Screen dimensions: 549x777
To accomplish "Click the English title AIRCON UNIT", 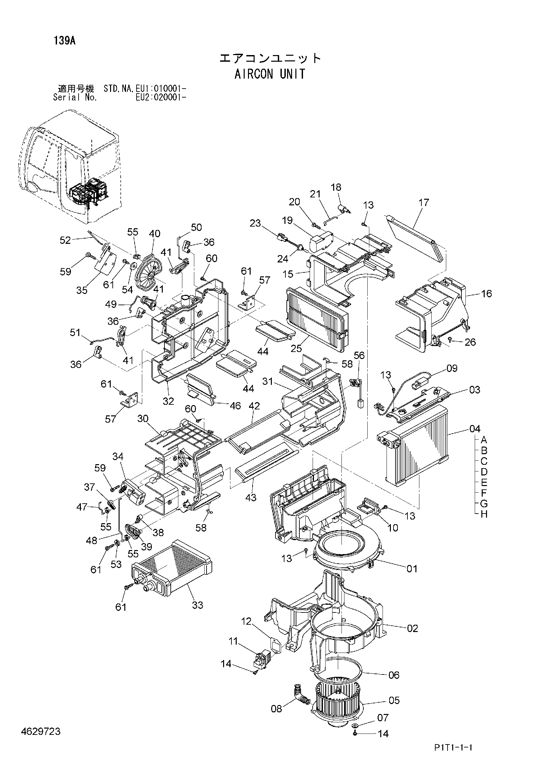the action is (270, 74).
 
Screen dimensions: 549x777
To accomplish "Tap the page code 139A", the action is (64, 41).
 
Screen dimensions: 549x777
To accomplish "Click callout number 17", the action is (423, 202).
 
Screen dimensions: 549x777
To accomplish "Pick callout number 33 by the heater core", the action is (198, 605).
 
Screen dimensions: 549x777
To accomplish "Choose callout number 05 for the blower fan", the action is (394, 700).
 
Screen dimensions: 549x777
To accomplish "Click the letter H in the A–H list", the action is (484, 514).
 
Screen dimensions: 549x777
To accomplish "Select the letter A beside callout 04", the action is (484, 440).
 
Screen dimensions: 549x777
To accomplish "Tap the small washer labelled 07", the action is (355, 726).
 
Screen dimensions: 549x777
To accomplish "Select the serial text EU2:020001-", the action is (161, 98).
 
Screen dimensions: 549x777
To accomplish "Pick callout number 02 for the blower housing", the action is (412, 628).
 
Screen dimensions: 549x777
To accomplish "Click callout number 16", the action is (486, 293).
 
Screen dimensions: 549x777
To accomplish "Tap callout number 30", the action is (143, 419).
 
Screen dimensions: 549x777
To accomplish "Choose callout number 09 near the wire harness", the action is (452, 368).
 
